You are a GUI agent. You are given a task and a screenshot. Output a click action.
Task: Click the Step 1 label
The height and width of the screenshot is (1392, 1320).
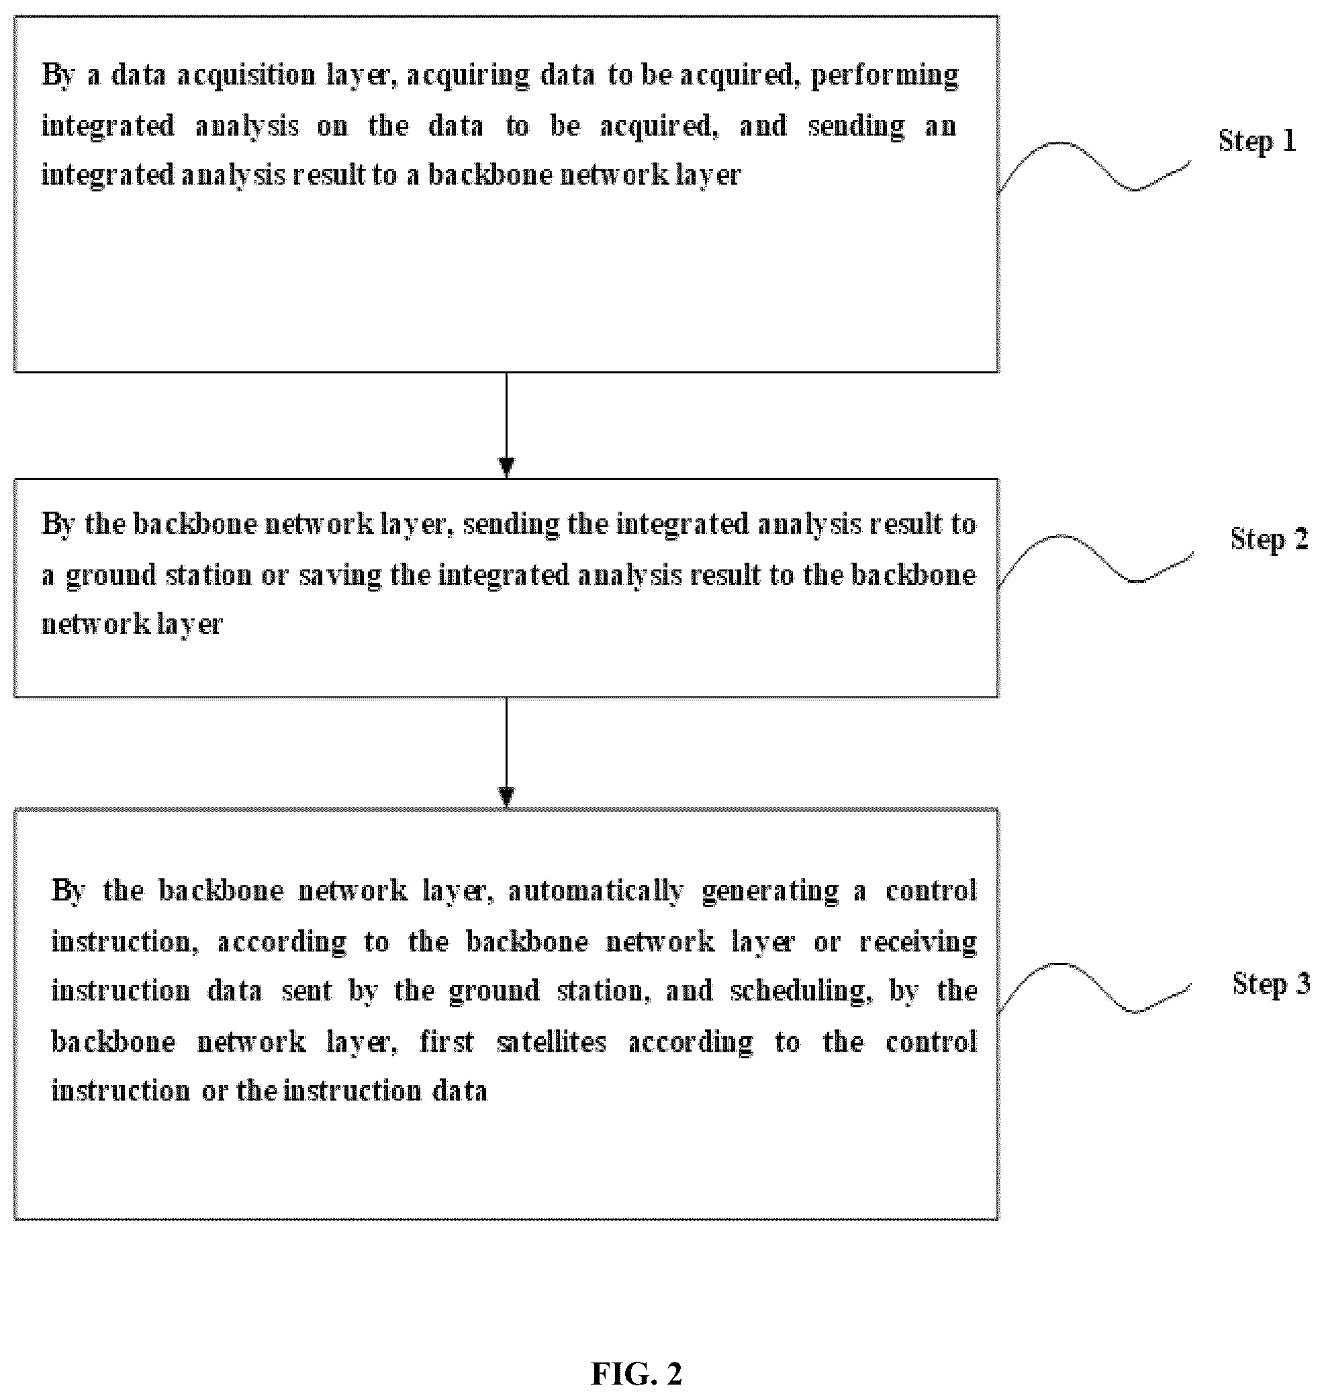coord(1257,142)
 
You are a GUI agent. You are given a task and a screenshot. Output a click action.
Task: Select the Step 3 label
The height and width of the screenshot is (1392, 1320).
coord(1271,984)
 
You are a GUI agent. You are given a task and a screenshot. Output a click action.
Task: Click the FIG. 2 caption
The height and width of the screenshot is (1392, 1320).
coord(636,1373)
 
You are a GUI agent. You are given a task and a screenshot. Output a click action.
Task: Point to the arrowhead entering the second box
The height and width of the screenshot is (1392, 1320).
coord(506,468)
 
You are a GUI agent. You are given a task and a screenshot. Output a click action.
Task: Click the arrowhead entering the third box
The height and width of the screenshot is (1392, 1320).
coord(506,796)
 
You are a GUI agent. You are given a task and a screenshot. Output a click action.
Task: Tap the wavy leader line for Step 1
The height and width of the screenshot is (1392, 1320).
coord(1094,166)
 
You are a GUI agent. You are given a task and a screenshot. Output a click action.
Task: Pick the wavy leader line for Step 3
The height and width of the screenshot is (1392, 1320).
coord(1094,988)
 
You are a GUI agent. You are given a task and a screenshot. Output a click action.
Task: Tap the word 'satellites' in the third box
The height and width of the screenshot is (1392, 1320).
coord(552,1042)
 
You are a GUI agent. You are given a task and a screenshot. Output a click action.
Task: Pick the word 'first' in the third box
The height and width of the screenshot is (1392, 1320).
coord(446,1042)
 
